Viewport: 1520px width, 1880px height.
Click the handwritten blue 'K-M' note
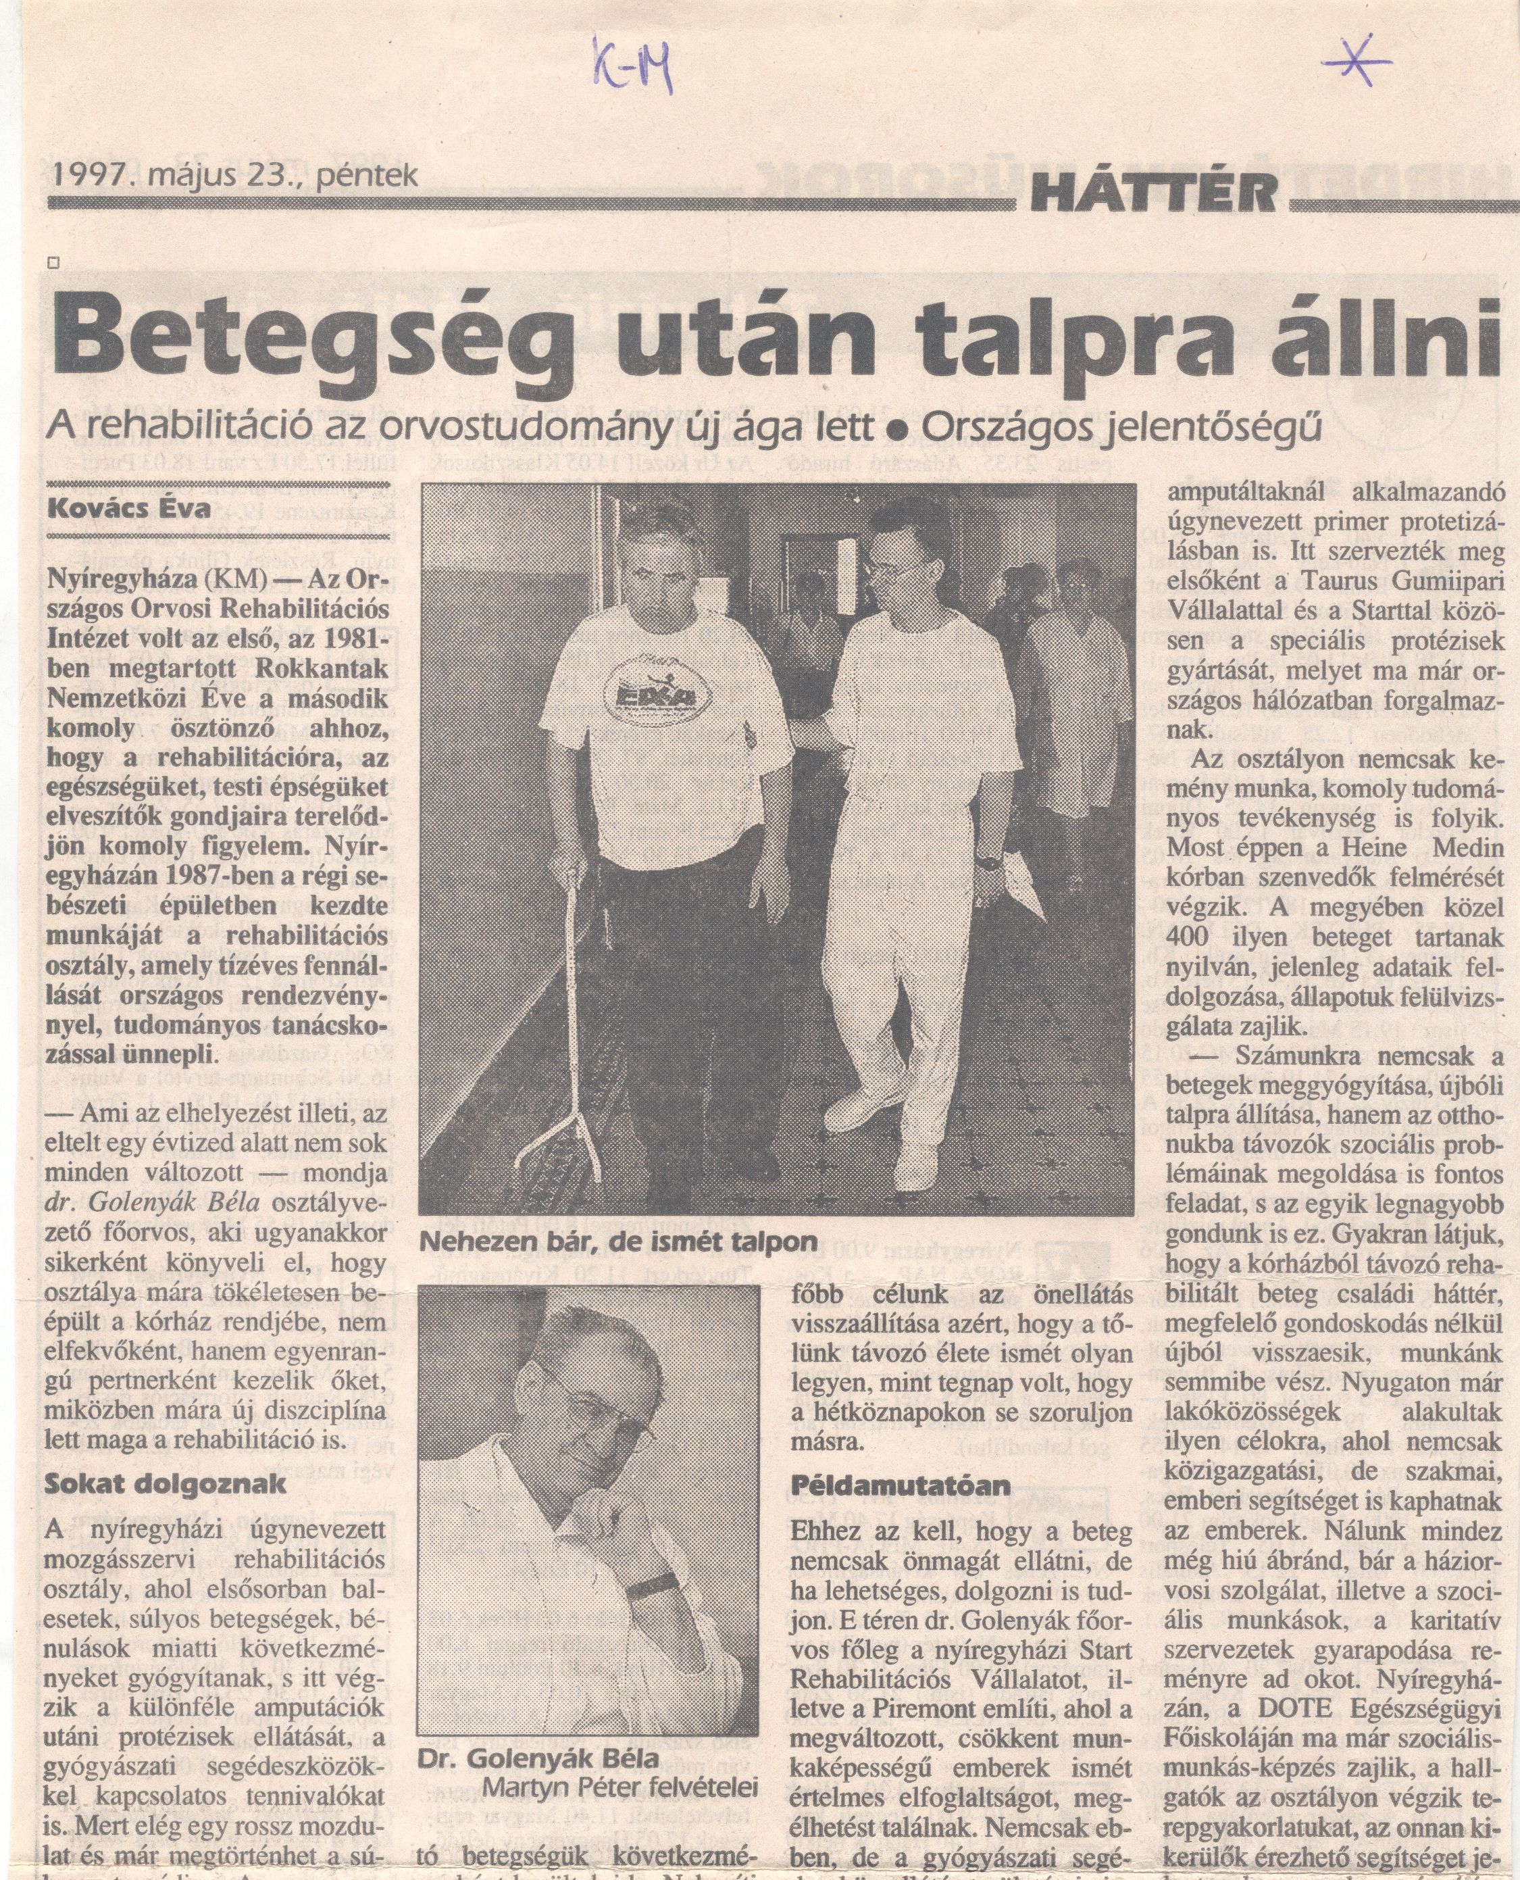pyautogui.click(x=633, y=66)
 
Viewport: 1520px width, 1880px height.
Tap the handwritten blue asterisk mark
pyautogui.click(x=1358, y=59)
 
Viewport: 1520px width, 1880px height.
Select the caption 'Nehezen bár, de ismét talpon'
pyautogui.click(x=617, y=1241)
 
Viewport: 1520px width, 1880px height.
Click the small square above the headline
pyautogui.click(x=54, y=262)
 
